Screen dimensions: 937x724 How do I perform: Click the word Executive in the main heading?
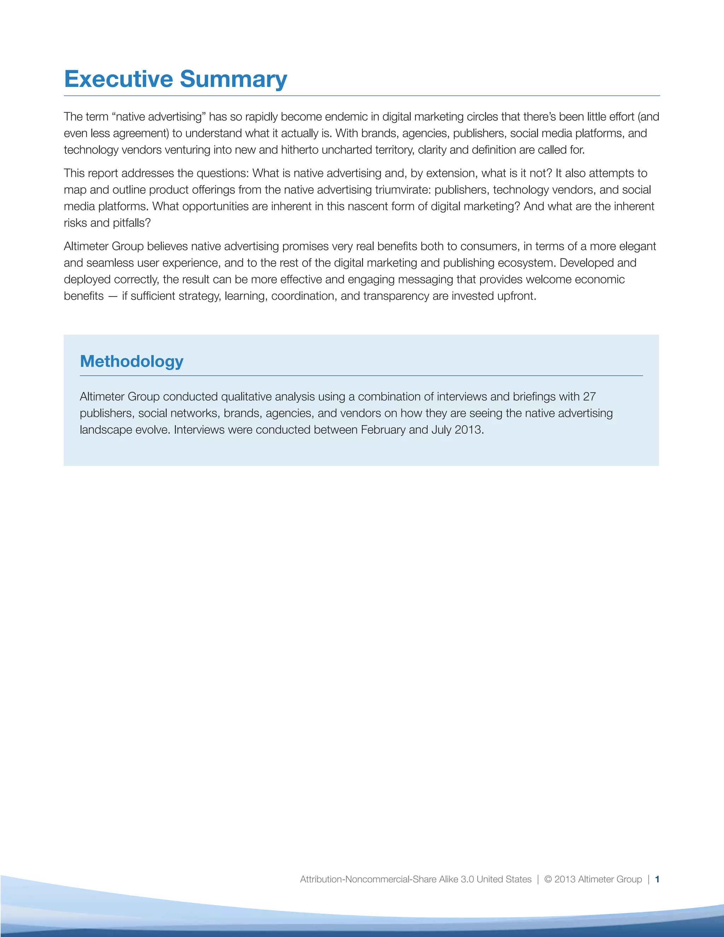coord(118,79)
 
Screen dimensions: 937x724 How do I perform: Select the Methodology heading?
coord(132,362)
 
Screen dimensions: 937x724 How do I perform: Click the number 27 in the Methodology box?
coord(589,396)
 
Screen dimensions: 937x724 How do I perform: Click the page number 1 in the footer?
coord(657,879)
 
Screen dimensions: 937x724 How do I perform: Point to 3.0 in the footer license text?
coord(467,879)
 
